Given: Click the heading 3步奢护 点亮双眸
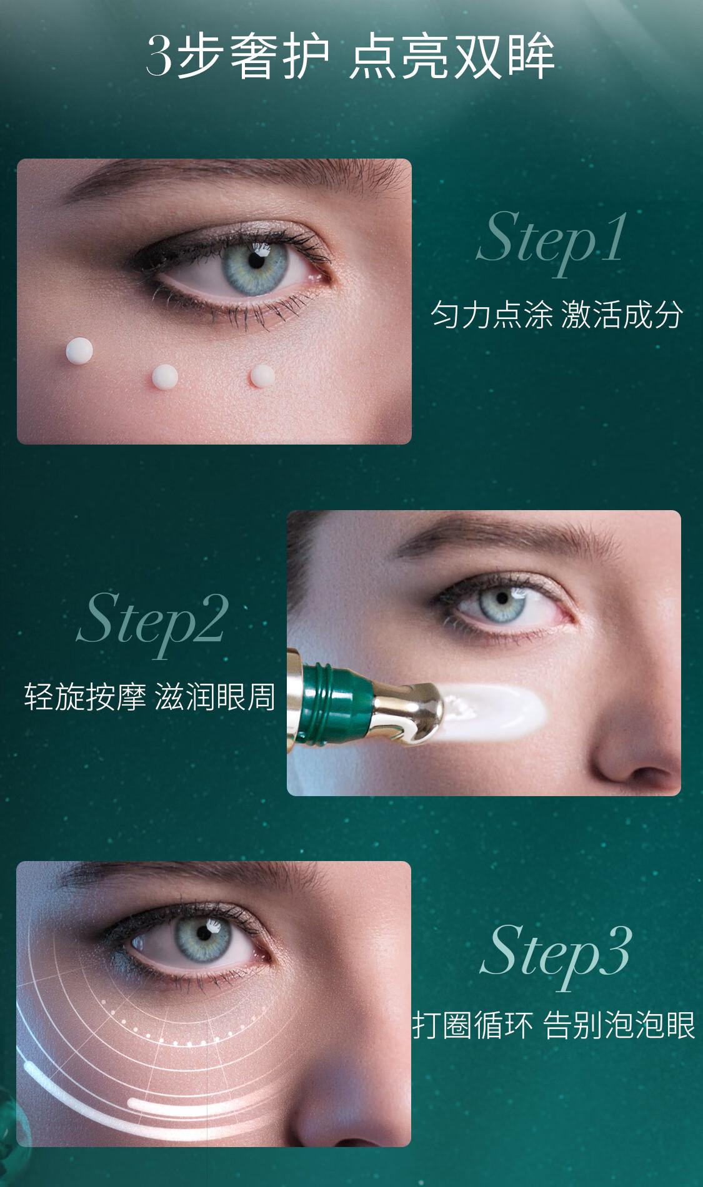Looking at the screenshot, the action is [x=351, y=56].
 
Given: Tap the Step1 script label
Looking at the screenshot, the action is [x=552, y=240].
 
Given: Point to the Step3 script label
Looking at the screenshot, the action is [x=556, y=953].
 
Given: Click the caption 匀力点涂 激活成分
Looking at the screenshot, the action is [x=556, y=315].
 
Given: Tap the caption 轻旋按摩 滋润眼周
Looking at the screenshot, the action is [x=150, y=697].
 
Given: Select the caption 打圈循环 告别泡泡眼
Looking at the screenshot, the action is [x=554, y=1025].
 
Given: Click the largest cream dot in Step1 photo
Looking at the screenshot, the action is [x=79, y=351].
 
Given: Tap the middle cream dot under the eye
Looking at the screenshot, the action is [x=165, y=377].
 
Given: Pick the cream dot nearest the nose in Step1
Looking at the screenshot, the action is [x=262, y=376].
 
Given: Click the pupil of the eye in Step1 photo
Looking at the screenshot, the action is [x=256, y=260].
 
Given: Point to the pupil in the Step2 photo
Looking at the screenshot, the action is [x=502, y=599].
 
